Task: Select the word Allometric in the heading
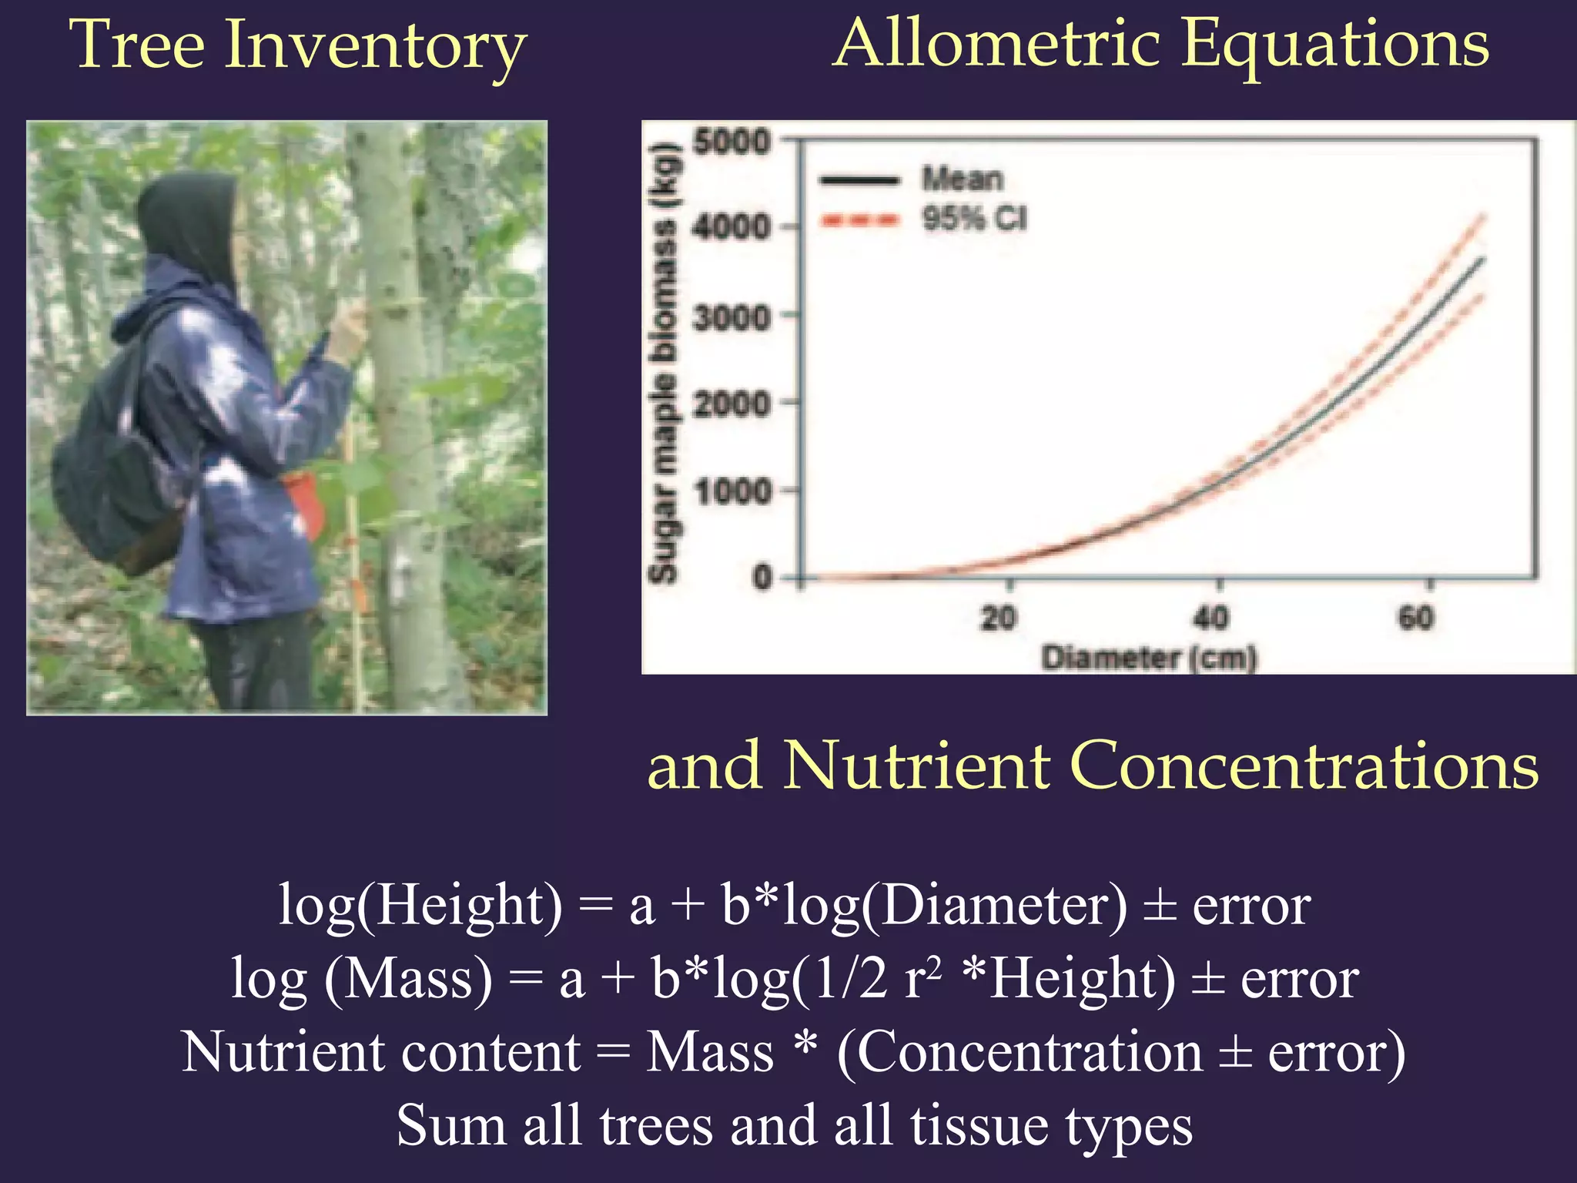997,44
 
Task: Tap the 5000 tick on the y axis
732,142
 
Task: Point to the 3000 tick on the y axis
732,317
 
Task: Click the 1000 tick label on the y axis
732,491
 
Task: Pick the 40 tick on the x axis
1210,617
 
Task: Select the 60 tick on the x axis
1416,617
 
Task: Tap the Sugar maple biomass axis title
664,362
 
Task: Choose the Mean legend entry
963,179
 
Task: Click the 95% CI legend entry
974,220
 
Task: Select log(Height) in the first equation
420,906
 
